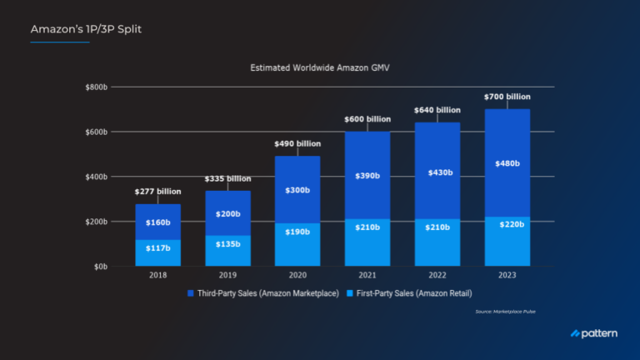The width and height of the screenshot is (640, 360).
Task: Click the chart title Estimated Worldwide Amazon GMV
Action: (x=320, y=67)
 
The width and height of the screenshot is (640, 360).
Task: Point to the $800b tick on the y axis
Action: (x=104, y=87)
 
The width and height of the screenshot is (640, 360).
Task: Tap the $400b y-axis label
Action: (x=104, y=177)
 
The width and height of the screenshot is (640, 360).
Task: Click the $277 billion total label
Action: (x=157, y=192)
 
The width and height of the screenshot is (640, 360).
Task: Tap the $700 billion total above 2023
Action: (x=507, y=97)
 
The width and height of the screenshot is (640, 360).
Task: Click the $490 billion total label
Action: (x=297, y=143)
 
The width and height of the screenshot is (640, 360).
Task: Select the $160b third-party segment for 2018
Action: (x=157, y=222)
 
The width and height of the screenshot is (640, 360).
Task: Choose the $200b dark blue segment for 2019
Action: (x=227, y=213)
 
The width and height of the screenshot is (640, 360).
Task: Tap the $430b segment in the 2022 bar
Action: (x=437, y=172)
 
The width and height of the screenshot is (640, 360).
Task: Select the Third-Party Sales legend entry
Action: (x=262, y=294)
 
